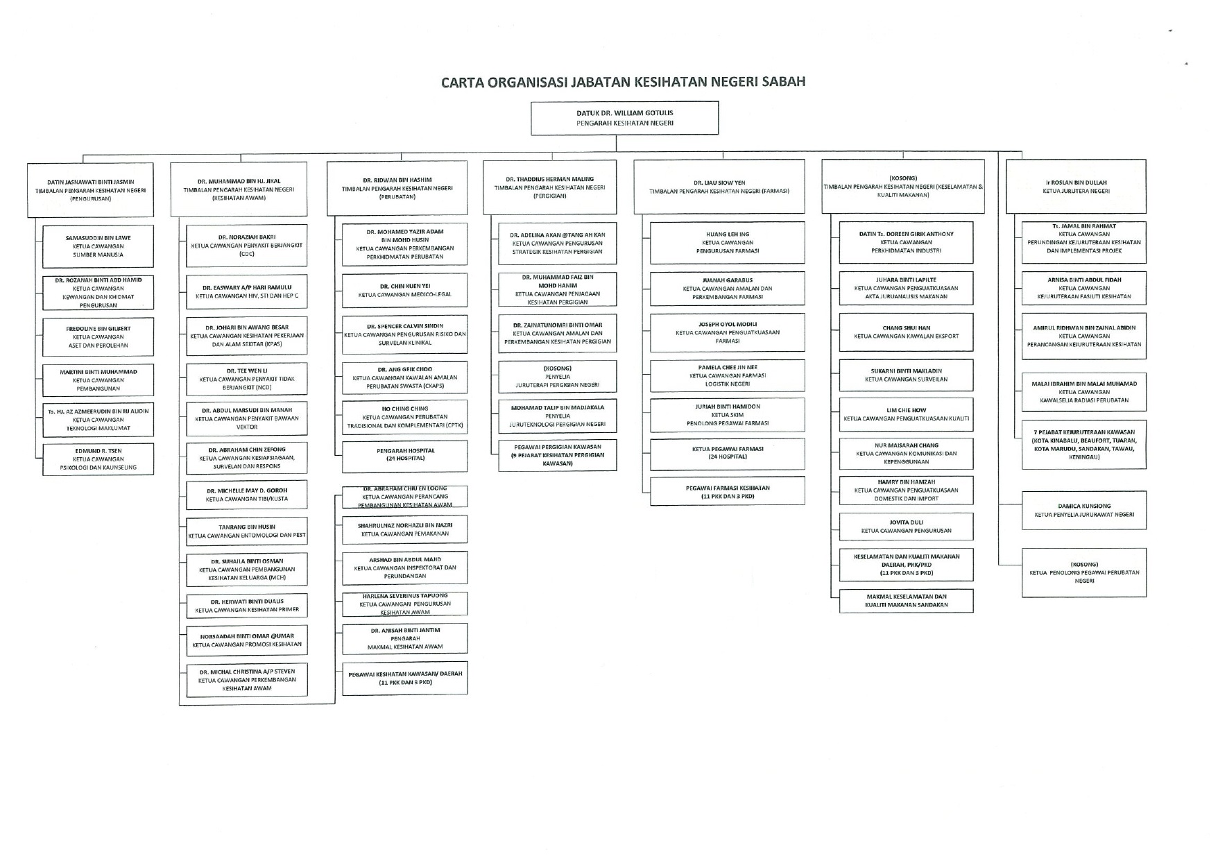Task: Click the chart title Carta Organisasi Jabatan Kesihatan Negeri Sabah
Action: click(624, 82)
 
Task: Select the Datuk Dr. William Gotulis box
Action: click(624, 118)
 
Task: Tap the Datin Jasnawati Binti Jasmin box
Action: click(90, 188)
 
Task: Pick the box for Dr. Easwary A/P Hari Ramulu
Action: click(246, 291)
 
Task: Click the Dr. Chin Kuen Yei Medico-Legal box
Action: click(404, 290)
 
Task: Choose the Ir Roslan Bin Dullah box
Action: click(1076, 187)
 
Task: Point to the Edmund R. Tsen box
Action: click(98, 459)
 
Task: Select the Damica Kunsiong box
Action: click(1083, 511)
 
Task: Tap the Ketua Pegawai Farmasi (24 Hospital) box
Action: click(727, 453)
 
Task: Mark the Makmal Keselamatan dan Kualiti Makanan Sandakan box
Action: click(906, 601)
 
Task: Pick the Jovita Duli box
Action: click(906, 527)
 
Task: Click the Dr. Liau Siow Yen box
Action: click(719, 187)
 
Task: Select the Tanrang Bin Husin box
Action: click(246, 531)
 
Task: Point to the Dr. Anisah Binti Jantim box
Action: click(404, 638)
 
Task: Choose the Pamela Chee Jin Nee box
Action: click(727, 375)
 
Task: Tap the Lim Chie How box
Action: click(906, 414)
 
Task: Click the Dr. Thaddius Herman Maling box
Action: click(549, 187)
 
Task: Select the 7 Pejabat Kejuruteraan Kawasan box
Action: click(1083, 445)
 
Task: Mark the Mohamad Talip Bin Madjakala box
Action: click(557, 416)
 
